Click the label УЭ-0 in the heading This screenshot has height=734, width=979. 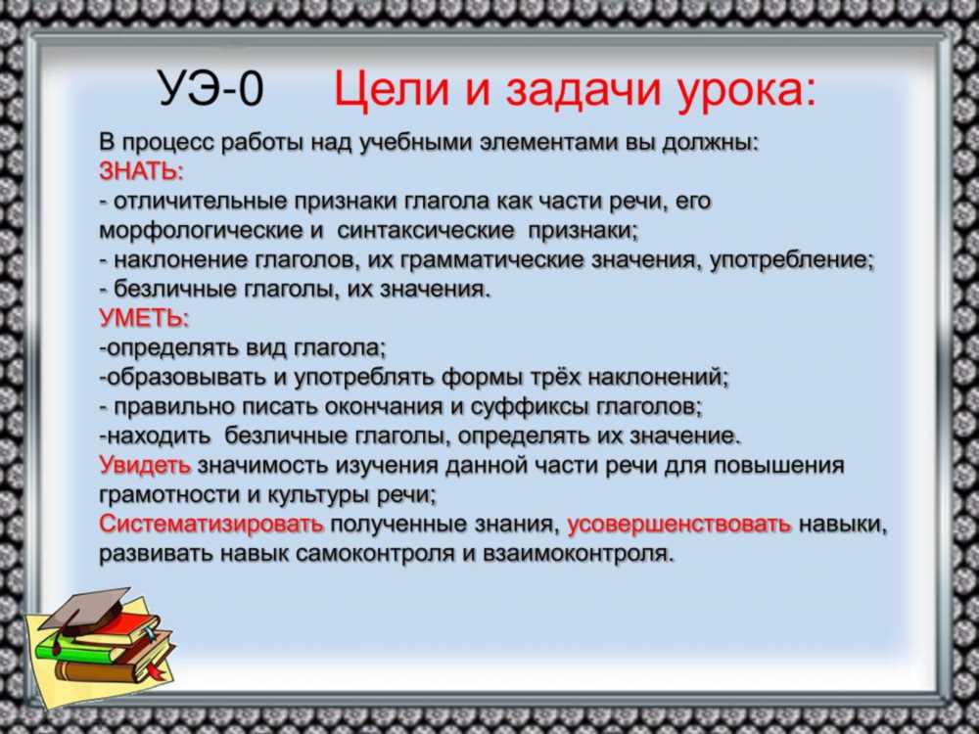click(211, 89)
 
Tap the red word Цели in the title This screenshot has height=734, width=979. click(391, 90)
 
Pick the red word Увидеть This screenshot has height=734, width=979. click(145, 465)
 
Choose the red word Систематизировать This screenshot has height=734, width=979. click(211, 524)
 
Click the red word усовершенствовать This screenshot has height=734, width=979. click(679, 525)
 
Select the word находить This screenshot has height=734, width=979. click(160, 436)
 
